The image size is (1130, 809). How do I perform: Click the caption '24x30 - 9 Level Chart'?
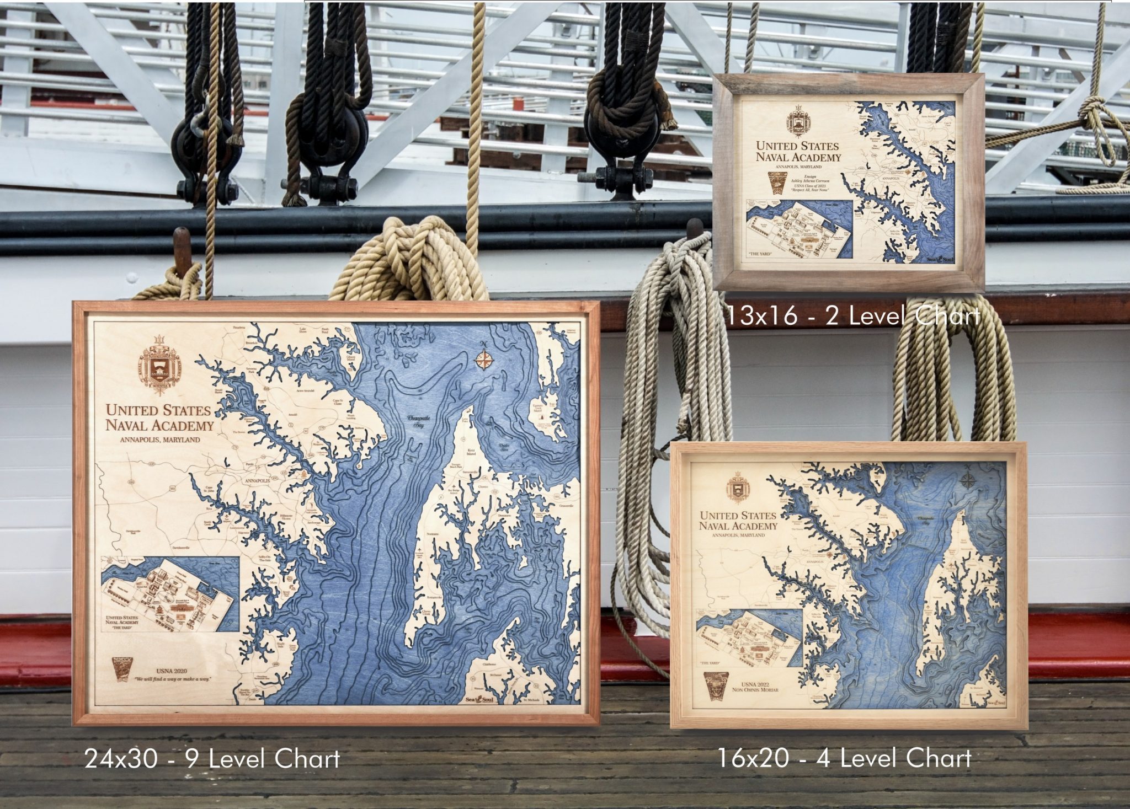[212, 759]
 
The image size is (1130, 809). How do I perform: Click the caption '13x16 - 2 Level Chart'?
[852, 316]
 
